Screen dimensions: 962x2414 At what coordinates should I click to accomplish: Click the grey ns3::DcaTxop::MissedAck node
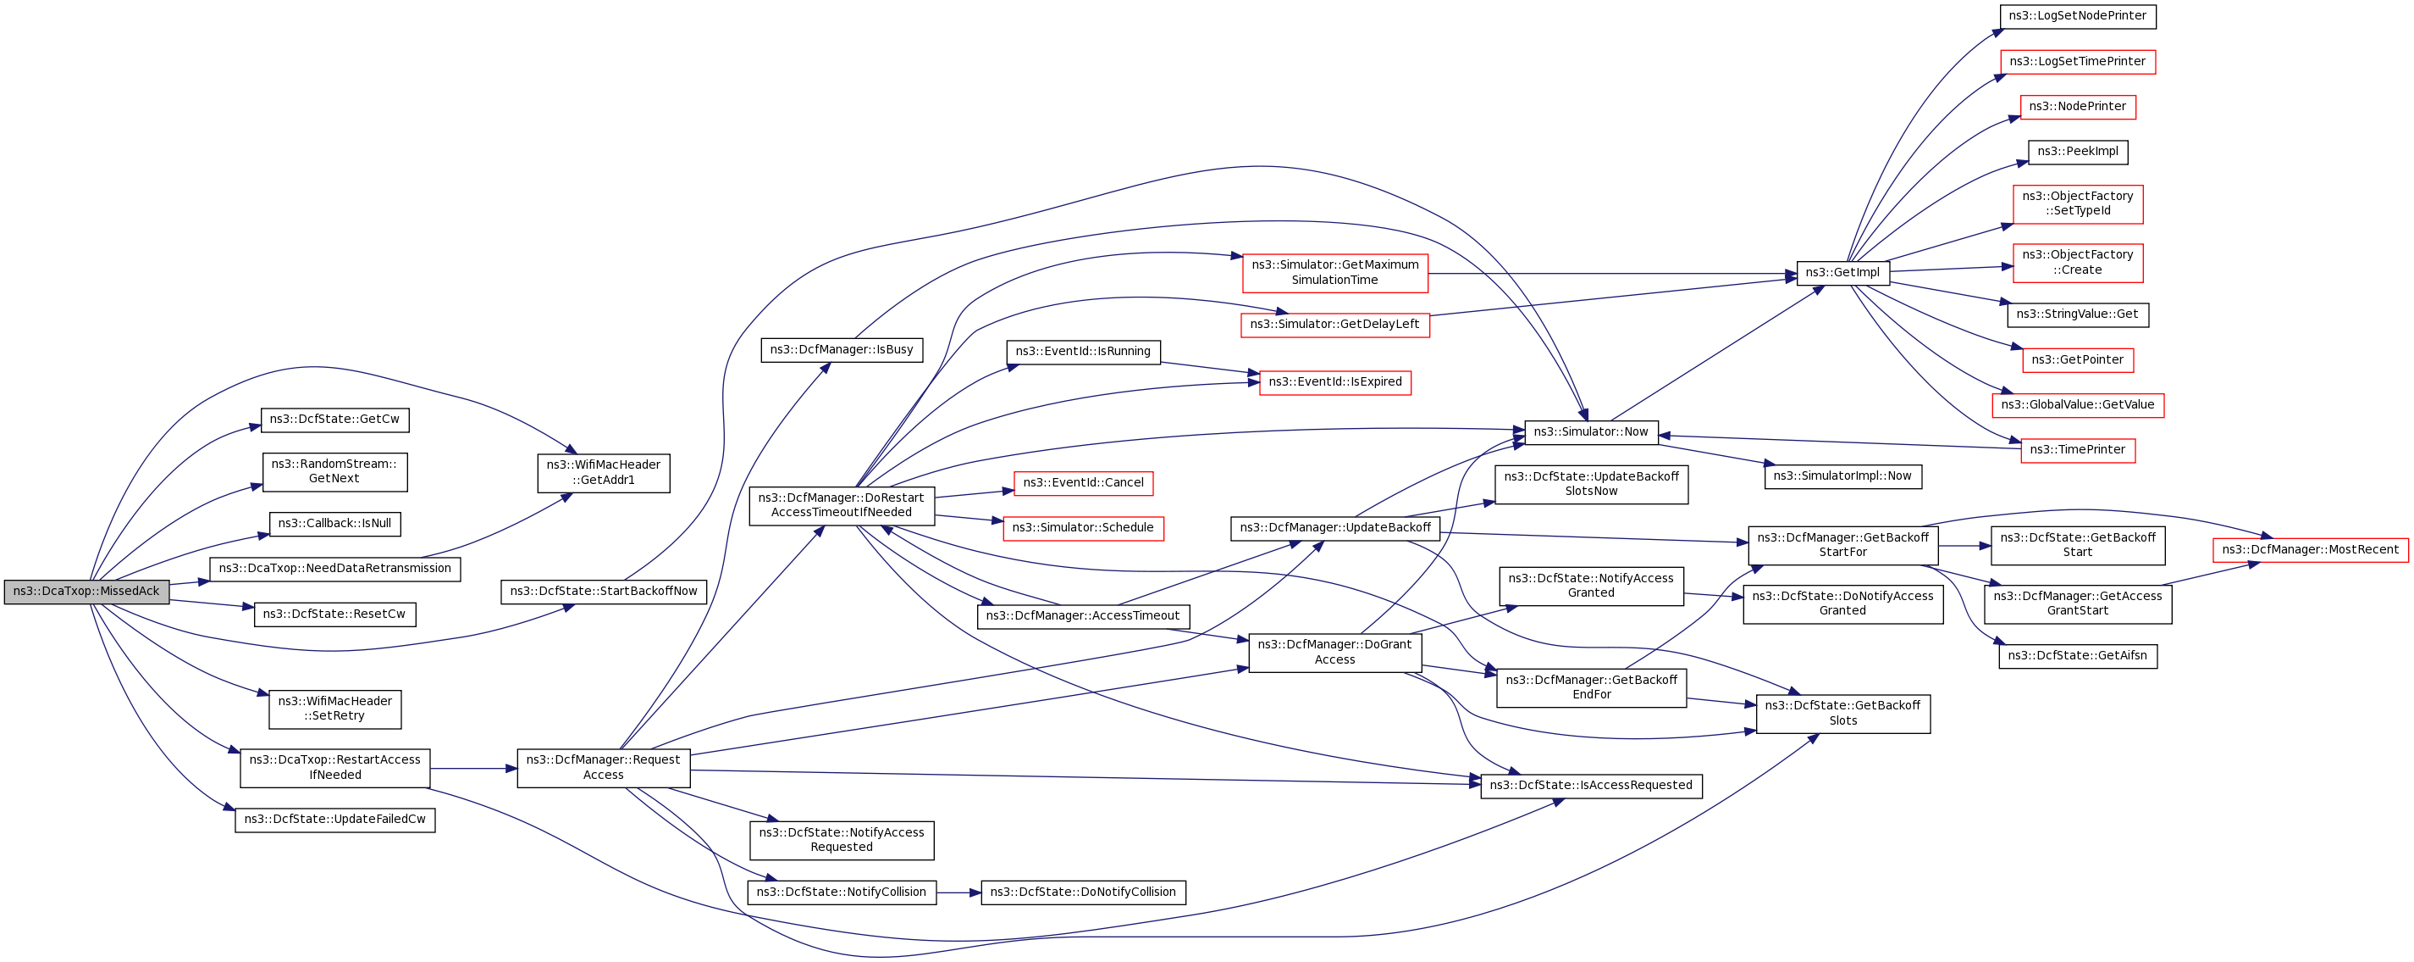tap(86, 592)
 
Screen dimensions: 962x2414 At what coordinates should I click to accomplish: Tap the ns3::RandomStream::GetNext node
tap(334, 471)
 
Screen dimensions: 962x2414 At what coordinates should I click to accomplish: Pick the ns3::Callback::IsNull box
tap(334, 523)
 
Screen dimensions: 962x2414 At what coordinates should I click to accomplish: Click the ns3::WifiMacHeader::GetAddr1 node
tap(604, 473)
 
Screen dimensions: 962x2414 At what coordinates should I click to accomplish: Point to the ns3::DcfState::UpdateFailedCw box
tap(334, 820)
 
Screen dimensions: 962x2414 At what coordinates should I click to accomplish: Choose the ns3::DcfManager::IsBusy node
tap(842, 350)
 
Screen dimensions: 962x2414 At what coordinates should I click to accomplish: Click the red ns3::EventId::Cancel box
tap(1083, 483)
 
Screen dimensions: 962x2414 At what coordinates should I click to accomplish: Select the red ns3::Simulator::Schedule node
tap(1083, 528)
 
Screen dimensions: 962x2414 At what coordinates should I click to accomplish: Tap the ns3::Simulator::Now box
tap(1591, 432)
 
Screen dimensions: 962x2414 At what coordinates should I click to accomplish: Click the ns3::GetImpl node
tap(1842, 273)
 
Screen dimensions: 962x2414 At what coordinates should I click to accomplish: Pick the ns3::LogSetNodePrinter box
tap(2078, 16)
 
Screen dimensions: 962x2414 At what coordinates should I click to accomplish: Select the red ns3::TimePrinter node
tap(2078, 450)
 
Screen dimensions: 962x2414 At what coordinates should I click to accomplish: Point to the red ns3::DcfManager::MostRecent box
tap(2310, 549)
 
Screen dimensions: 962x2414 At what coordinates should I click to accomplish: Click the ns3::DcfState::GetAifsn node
tap(2078, 655)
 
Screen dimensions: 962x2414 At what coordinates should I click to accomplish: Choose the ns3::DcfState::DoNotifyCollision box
tap(1083, 892)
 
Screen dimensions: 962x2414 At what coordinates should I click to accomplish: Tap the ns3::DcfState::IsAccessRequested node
tap(1591, 786)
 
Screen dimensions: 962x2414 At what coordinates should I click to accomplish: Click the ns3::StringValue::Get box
tap(2078, 314)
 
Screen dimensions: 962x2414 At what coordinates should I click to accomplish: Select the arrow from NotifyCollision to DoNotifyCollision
tap(958, 892)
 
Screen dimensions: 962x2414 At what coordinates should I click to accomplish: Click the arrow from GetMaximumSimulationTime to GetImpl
tap(1612, 274)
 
